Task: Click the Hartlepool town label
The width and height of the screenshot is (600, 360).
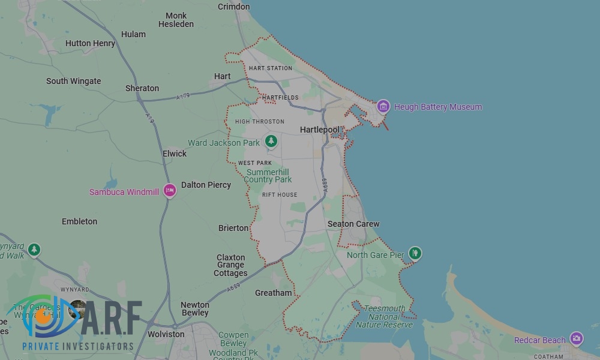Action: click(x=319, y=130)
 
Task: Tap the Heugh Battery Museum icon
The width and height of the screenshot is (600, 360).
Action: click(x=383, y=107)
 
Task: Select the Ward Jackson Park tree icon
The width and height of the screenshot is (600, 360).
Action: click(x=271, y=142)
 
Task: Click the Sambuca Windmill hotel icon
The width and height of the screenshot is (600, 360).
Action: click(x=169, y=190)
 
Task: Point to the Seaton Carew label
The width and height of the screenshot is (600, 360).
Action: click(x=353, y=224)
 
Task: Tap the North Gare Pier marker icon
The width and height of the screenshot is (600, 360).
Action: click(x=415, y=254)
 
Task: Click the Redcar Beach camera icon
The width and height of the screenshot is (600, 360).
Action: click(x=576, y=339)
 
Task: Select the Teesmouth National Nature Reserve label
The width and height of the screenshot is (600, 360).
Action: click(x=385, y=317)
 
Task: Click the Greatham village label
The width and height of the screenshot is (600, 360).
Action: click(x=274, y=293)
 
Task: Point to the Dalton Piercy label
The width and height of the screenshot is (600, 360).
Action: click(x=206, y=185)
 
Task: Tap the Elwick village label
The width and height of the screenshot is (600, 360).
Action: click(x=175, y=154)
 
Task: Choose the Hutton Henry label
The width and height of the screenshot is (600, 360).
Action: click(x=90, y=43)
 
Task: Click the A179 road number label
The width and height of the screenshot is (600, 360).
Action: click(x=184, y=96)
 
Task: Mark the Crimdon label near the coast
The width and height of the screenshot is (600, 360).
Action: click(x=233, y=7)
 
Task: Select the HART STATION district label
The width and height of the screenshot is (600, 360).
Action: click(x=270, y=68)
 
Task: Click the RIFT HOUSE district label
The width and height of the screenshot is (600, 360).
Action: click(x=280, y=195)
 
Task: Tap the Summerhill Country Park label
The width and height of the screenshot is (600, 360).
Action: click(x=268, y=176)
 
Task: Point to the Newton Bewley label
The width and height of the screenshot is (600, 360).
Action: click(x=195, y=308)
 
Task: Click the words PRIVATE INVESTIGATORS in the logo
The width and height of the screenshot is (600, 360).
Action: click(x=78, y=346)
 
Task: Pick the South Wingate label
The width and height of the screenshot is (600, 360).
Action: click(x=74, y=81)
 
